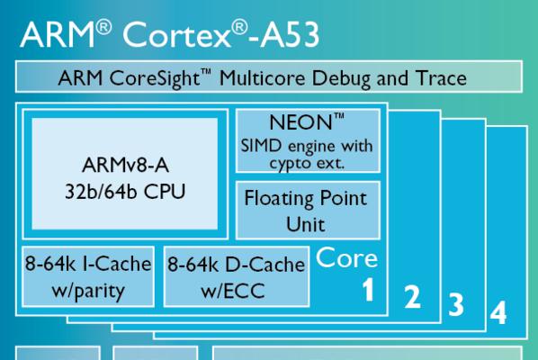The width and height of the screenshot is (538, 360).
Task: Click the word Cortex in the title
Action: tap(176, 35)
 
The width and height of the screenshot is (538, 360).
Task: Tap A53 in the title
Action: tap(290, 35)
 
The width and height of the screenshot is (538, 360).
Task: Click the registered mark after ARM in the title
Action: tap(103, 27)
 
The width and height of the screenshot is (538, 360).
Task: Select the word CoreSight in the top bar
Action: tap(155, 79)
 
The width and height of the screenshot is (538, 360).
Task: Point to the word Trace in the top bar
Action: tap(441, 78)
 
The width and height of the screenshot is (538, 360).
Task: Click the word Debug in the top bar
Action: tap(341, 79)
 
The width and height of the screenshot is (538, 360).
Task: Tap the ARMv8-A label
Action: tap(125, 165)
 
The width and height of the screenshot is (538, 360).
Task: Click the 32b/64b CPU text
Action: tap(125, 192)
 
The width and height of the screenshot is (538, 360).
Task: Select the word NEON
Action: tap(300, 122)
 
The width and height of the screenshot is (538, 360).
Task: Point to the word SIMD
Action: tap(261, 146)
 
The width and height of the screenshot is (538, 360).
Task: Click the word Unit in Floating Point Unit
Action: tap(305, 224)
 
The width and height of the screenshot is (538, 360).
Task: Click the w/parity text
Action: tap(88, 292)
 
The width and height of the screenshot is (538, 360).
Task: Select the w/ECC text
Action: tap(233, 291)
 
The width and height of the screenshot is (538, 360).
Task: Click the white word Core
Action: tap(346, 257)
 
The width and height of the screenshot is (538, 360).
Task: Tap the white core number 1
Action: tap(368, 289)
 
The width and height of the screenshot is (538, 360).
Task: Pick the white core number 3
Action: tap(456, 304)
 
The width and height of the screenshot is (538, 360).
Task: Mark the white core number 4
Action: tap(498, 312)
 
